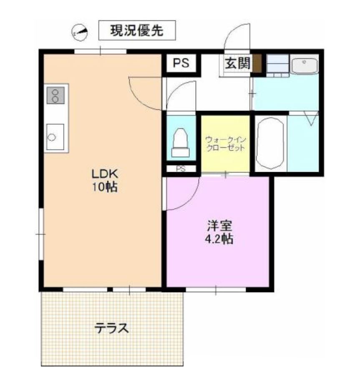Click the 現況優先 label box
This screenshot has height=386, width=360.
click(x=136, y=30)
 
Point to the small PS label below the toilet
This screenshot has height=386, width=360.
click(x=181, y=169)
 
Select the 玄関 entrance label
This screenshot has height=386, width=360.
click(x=237, y=63)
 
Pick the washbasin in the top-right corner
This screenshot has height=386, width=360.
click(x=304, y=66)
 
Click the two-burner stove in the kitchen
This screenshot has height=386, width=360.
click(x=55, y=95)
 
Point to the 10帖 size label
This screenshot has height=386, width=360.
click(x=104, y=187)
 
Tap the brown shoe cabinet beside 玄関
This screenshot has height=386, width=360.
click(x=257, y=64)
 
